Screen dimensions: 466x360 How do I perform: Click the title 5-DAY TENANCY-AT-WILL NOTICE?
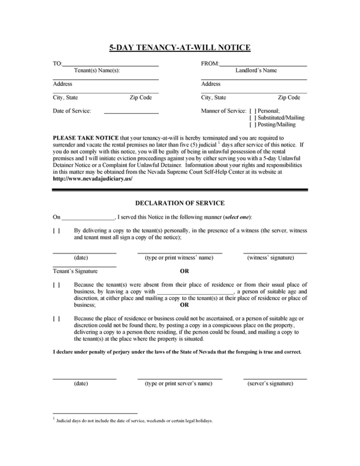[179, 48]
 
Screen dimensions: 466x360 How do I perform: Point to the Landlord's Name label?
[256, 70]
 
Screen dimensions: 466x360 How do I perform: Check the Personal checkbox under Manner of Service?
[253, 111]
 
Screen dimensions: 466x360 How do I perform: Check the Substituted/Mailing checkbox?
[253, 118]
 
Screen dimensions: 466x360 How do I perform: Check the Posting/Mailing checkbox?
[253, 124]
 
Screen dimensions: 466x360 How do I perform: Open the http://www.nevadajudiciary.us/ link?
[93, 178]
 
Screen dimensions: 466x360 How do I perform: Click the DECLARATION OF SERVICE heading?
[179, 203]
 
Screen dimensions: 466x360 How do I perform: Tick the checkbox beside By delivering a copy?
[56, 231]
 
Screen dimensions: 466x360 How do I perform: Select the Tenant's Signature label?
[75, 271]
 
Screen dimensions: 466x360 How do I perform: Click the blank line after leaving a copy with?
[194, 292]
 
